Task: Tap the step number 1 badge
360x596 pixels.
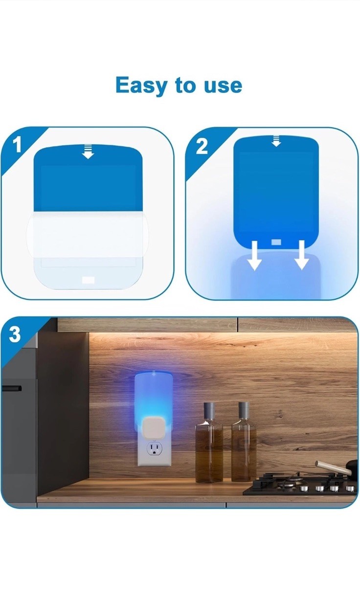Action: click(17, 145)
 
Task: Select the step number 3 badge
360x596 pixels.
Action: click(15, 334)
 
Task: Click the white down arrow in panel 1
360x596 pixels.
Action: click(88, 152)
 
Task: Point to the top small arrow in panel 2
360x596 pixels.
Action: click(276, 141)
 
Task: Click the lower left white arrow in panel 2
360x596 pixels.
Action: click(254, 255)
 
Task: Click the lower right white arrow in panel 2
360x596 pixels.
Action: click(301, 255)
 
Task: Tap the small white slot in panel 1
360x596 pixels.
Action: click(89, 280)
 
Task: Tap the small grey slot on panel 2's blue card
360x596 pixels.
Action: click(276, 242)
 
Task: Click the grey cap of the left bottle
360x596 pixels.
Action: click(209, 411)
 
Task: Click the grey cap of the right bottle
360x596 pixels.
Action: click(244, 410)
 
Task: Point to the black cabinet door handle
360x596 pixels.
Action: click(12, 389)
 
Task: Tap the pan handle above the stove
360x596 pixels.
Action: click(333, 467)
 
